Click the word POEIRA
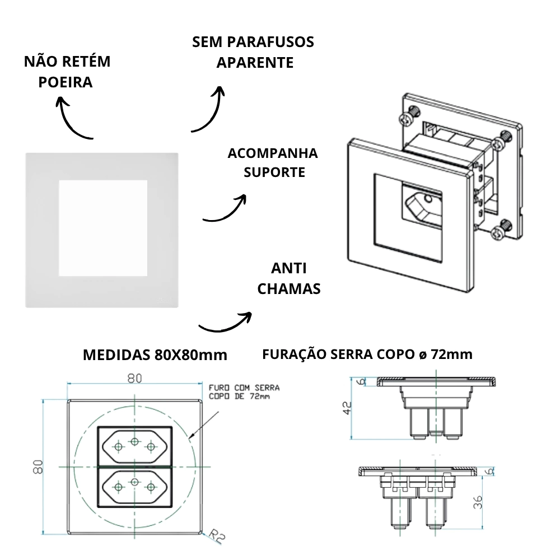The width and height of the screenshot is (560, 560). pos(65,82)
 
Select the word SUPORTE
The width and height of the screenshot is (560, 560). pos(274,172)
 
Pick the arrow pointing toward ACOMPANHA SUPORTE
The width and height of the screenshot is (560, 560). pos(224,210)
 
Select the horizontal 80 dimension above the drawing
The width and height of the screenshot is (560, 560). pos(134,379)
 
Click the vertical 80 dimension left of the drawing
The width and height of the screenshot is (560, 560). pos(38,466)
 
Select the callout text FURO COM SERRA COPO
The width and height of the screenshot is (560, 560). pos(243,391)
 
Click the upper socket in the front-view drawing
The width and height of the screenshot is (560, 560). pos(134,445)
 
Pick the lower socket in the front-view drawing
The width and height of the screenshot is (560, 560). pos(134,486)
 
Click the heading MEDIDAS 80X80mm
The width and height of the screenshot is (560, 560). pos(155,355)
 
